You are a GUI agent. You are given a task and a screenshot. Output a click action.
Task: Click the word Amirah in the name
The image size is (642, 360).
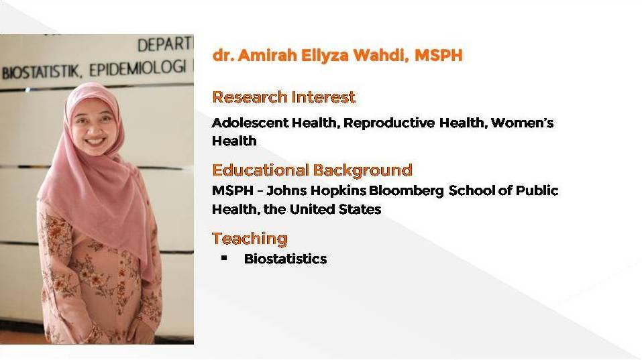click(267, 55)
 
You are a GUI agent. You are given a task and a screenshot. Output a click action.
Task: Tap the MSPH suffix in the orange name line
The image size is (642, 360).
click(439, 55)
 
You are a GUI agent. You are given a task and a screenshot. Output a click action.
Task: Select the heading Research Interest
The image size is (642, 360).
click(284, 97)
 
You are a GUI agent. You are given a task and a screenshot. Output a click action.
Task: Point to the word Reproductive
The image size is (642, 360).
click(389, 123)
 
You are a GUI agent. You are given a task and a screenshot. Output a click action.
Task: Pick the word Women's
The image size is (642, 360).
click(522, 123)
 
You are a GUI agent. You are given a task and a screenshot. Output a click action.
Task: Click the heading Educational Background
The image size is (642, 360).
click(312, 170)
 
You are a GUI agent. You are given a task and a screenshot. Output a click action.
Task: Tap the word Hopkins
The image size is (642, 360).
click(338, 190)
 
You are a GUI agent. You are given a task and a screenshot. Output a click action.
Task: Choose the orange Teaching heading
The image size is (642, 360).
click(250, 239)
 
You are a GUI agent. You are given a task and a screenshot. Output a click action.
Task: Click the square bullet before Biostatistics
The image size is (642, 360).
click(223, 257)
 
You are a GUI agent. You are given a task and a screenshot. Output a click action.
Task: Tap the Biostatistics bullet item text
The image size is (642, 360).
click(285, 259)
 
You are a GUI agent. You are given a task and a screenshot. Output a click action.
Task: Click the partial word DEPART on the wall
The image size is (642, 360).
click(166, 44)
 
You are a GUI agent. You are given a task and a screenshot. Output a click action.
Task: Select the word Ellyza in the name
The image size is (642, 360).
click(325, 56)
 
